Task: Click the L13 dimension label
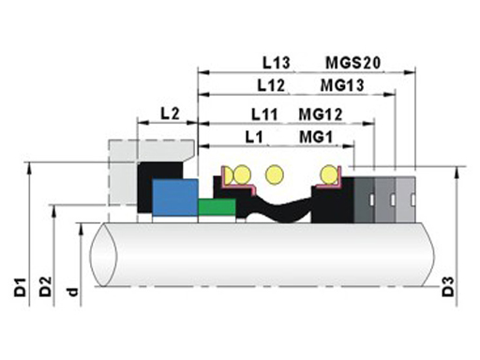point(277,63)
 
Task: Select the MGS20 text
point(353,63)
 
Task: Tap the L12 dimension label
point(271,85)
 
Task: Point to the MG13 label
point(342,85)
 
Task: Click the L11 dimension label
point(264,114)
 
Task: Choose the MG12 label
point(321,114)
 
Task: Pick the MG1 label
point(316,137)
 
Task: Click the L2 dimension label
point(170,113)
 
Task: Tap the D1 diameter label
point(20,286)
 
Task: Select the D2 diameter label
point(45,286)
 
